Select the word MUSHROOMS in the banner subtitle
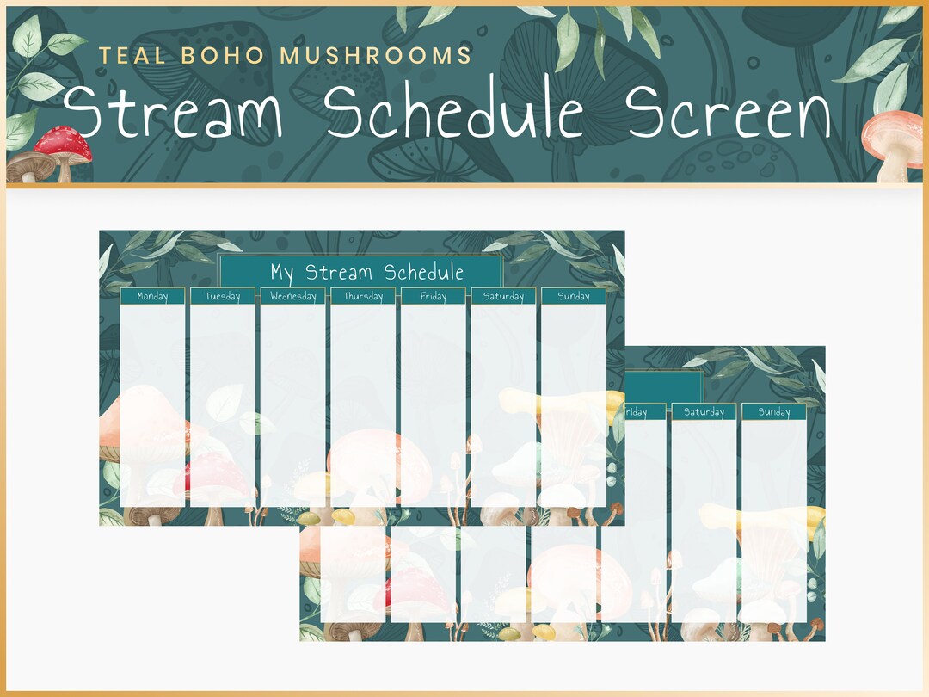click(377, 57)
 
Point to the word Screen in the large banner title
click(728, 114)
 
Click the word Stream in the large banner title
click(173, 114)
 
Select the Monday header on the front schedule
click(152, 296)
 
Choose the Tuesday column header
click(223, 296)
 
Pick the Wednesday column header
click(292, 296)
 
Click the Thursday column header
click(363, 296)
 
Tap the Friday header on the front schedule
click(433, 296)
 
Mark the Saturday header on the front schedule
click(503, 296)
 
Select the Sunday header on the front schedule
click(574, 296)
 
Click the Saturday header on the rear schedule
click(704, 412)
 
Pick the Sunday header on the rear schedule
click(774, 412)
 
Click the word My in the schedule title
click(282, 273)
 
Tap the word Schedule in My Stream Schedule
click(424, 273)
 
